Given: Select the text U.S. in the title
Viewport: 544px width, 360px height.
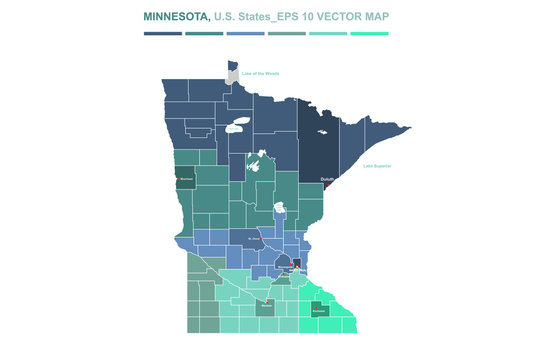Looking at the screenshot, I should coord(227,18).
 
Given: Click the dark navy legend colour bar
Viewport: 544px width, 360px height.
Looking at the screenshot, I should coord(163,33).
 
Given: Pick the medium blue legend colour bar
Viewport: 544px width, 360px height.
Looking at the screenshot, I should coord(246,33).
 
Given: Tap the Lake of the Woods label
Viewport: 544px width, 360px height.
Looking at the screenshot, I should coord(260,73).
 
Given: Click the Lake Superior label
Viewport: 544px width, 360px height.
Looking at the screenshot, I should coord(377,165).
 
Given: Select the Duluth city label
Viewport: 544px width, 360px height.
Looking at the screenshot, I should coord(327,179).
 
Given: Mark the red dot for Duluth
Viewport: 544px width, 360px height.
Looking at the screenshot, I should coord(327,184).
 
